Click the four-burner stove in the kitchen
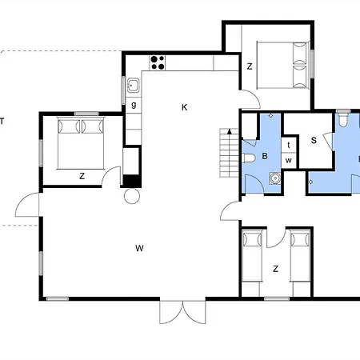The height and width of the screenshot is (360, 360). click(x=157, y=62)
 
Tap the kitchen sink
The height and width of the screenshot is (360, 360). click(x=133, y=86)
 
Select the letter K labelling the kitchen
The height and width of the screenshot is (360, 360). click(x=184, y=107)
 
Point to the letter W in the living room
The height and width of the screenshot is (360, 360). click(x=139, y=248)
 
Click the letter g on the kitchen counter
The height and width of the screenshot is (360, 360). click(x=134, y=105)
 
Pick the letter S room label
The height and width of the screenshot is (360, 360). click(x=314, y=141)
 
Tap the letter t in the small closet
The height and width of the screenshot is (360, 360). click(x=289, y=145)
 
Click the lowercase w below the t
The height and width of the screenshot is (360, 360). click(x=289, y=160)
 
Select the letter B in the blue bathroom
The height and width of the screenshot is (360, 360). click(x=265, y=156)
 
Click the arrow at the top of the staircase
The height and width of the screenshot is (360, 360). click(x=229, y=131)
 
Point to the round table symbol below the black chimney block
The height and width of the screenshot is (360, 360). click(x=132, y=196)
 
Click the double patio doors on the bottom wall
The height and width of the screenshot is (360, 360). click(x=182, y=312)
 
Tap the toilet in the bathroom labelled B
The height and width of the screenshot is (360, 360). click(x=249, y=158)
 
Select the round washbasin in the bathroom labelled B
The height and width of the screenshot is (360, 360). click(x=274, y=178)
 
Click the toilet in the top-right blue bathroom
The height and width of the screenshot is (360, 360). click(x=343, y=120)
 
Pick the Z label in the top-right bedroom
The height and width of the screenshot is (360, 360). click(x=250, y=66)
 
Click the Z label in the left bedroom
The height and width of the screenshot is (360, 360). click(x=82, y=176)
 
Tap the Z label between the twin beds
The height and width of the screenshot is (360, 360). click(x=276, y=269)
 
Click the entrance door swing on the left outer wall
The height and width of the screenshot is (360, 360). click(x=27, y=205)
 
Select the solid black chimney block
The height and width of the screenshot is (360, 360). click(x=132, y=181)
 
